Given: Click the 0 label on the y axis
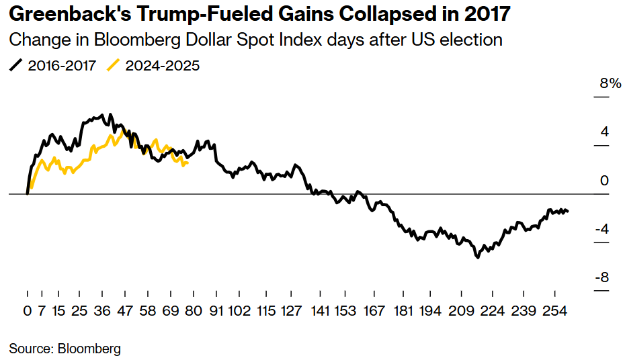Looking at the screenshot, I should [604, 181].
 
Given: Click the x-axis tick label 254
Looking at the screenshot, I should [554, 312].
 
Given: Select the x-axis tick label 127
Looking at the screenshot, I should [291, 312].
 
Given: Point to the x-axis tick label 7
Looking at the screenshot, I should [42, 312].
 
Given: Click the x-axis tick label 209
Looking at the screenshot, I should [461, 312].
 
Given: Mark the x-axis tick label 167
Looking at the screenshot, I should [374, 312].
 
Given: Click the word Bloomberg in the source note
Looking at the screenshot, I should [89, 349].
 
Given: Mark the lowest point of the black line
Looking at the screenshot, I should [478, 257].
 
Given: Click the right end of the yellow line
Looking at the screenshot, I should [187, 162].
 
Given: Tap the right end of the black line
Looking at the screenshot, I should [568, 212].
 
